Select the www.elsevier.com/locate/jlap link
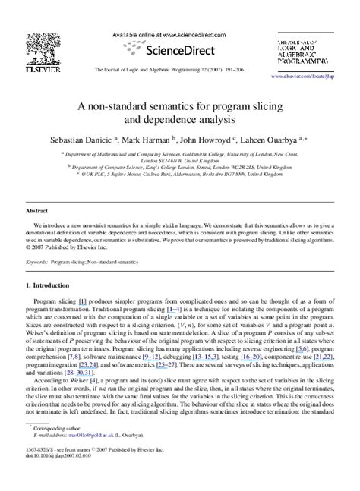tap(320, 77)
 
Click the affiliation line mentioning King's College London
tap(179, 163)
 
